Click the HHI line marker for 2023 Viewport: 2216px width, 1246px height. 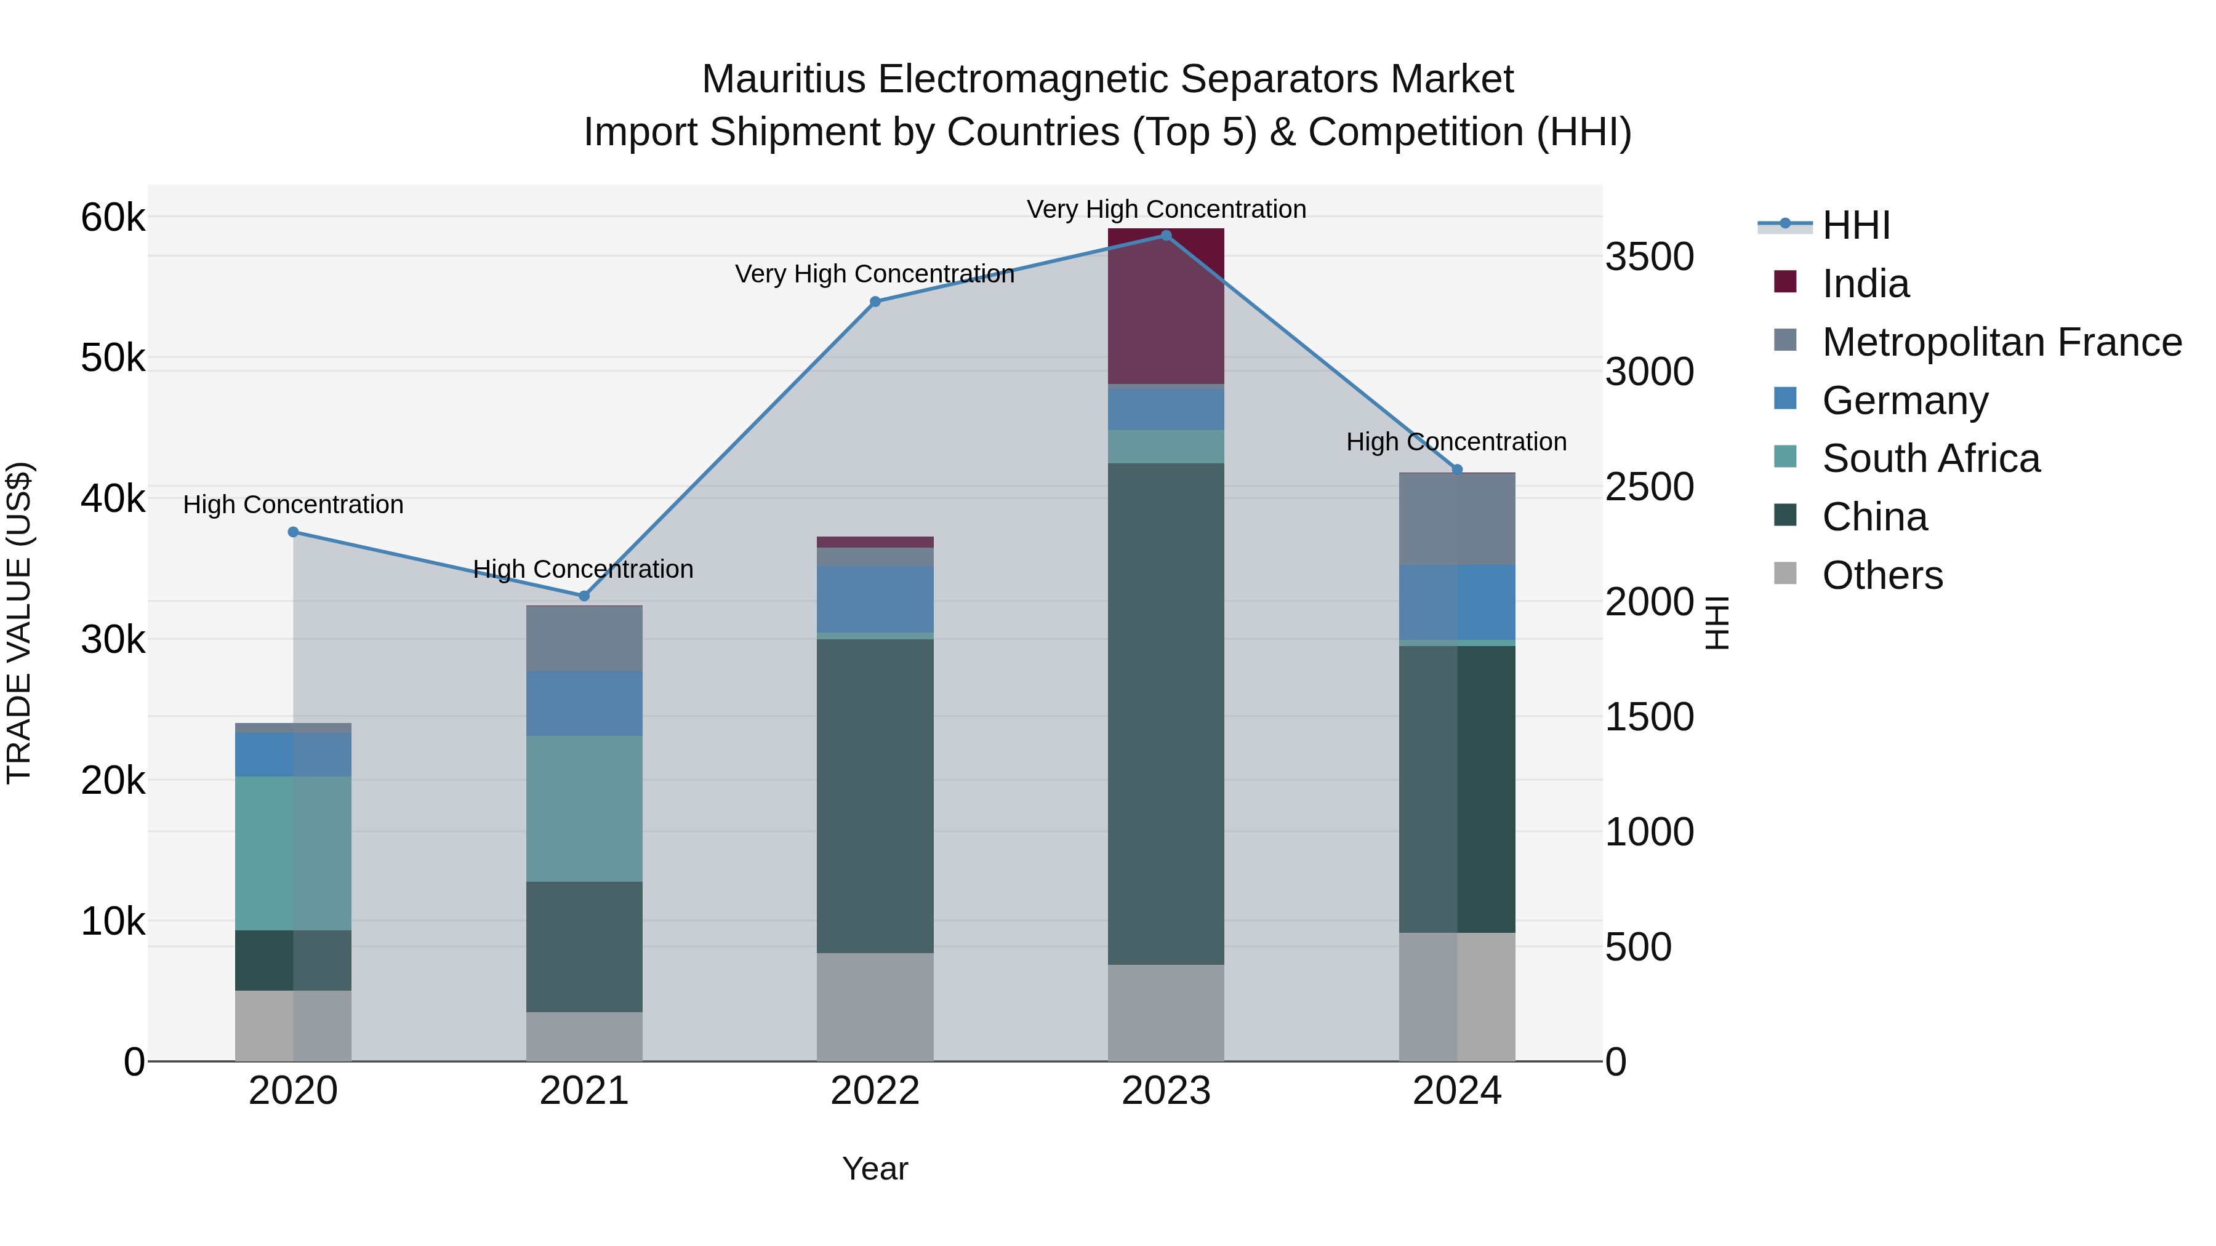1166,236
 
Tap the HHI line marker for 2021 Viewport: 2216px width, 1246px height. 584,596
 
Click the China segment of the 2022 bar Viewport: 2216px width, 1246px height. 875,796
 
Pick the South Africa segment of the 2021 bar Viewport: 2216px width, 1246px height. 584,809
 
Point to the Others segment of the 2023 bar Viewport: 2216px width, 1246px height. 1166,1012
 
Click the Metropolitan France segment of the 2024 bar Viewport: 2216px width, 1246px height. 1456,519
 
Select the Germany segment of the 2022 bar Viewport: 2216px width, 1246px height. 875,599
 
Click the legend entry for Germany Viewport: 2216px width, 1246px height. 1904,401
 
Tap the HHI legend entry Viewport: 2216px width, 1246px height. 1855,225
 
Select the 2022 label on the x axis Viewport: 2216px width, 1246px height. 875,1091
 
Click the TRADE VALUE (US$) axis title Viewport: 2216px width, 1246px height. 19,623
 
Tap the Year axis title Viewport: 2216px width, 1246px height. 875,1168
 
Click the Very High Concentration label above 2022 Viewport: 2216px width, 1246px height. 874,274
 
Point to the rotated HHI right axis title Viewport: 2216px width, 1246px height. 1716,623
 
